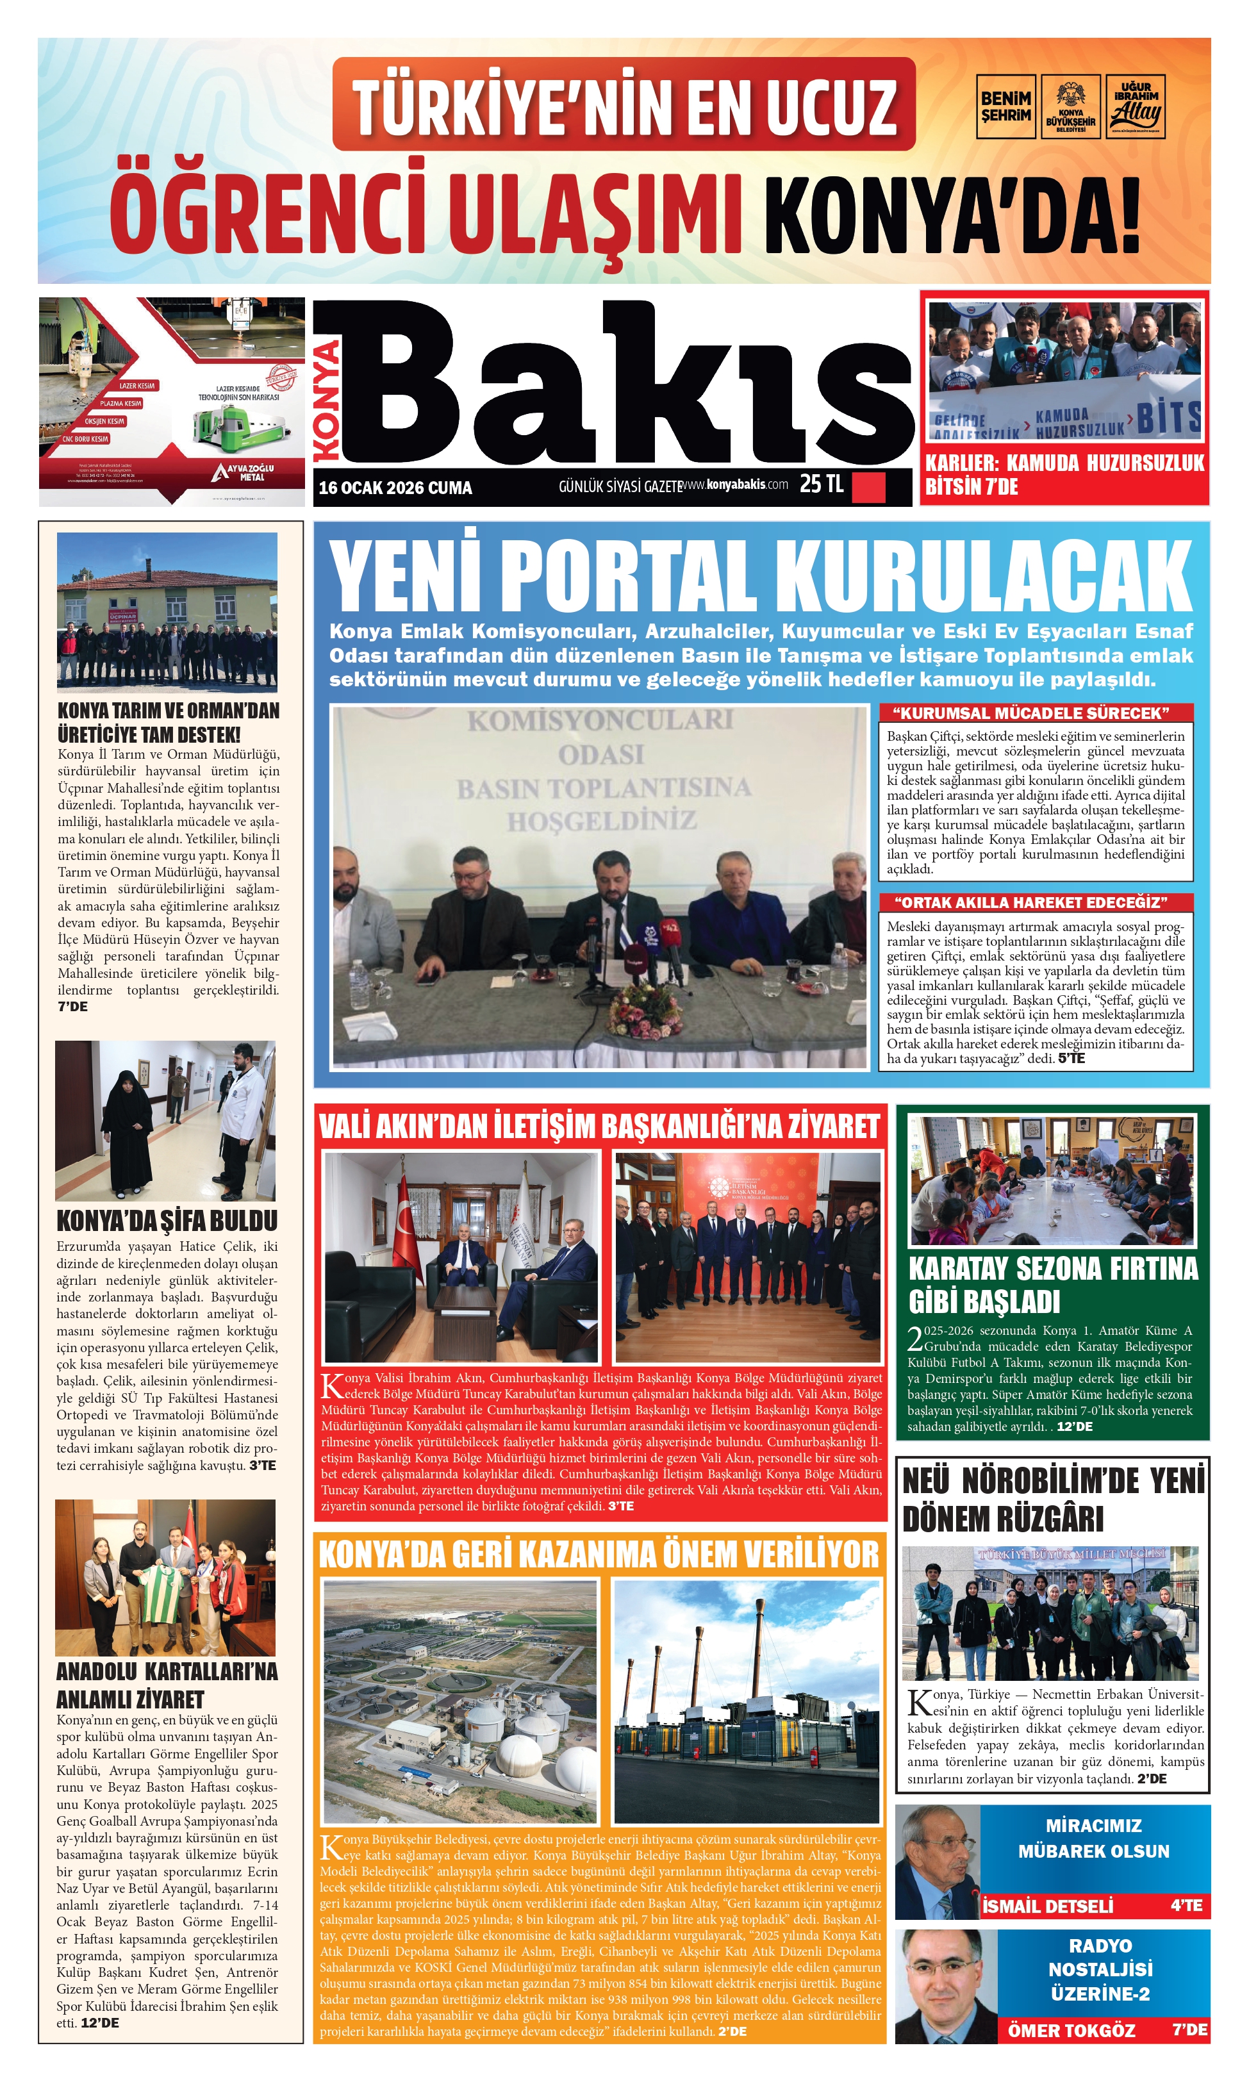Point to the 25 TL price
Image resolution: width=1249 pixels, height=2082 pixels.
click(821, 484)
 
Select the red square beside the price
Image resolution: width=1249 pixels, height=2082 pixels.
click(868, 487)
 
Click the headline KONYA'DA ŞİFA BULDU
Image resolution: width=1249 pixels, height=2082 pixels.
click(167, 1221)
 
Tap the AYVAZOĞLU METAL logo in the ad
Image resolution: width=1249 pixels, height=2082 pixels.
click(244, 473)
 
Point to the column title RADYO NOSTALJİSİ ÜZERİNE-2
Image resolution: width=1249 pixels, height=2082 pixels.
click(1100, 1969)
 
